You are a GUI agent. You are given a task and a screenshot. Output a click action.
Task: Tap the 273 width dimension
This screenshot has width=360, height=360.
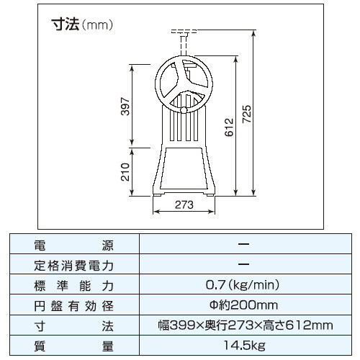[184, 204]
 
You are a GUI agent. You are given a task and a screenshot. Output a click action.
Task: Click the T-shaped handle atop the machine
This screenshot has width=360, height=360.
[184, 33]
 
